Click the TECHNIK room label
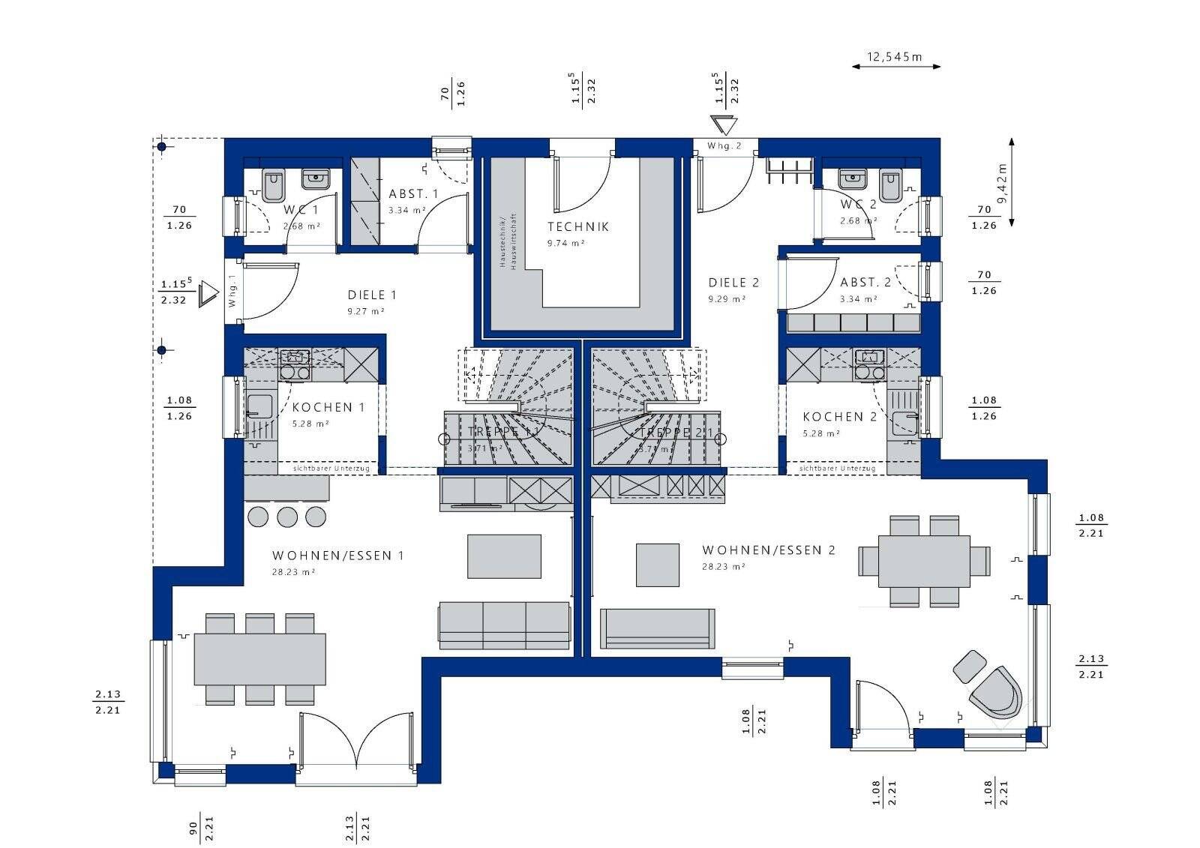click(577, 226)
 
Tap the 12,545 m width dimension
click(895, 57)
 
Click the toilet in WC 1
click(273, 184)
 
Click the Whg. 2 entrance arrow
click(725, 125)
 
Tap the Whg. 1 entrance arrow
click(208, 294)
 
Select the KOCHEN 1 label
click(328, 407)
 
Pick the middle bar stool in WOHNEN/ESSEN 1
click(287, 516)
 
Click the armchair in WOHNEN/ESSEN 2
click(996, 691)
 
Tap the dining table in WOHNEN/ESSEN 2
click(923, 561)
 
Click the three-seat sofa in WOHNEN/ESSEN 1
click(504, 625)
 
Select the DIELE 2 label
click(733, 283)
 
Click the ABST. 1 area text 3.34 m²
click(407, 211)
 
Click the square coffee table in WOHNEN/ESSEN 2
click(658, 565)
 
